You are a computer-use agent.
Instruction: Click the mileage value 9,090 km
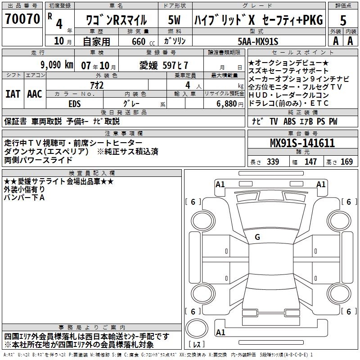[56, 64]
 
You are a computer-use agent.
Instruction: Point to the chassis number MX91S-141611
[302, 143]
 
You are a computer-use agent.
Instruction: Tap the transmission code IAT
[13, 94]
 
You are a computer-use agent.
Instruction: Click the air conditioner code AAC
[35, 94]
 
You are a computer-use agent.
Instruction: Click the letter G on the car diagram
[257, 237]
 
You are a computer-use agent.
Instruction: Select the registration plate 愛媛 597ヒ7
[163, 64]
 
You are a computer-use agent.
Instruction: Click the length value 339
[273, 162]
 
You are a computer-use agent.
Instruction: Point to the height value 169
[346, 162]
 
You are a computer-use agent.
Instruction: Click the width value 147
[310, 162]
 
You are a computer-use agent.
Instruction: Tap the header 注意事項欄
[124, 134]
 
